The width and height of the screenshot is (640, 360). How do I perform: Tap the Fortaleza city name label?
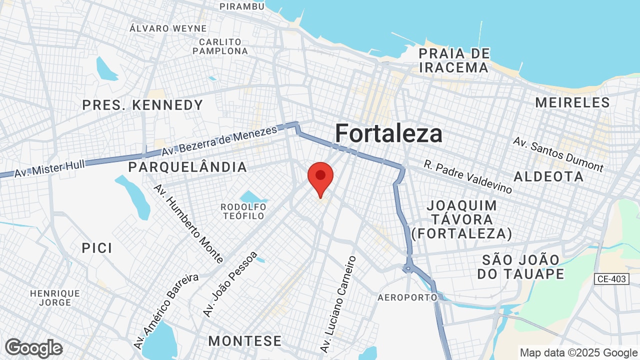pyautogui.click(x=388, y=134)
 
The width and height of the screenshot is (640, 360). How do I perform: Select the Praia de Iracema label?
pyautogui.click(x=454, y=60)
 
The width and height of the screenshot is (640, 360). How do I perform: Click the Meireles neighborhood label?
pyautogui.click(x=572, y=103)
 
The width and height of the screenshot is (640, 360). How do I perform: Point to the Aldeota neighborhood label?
pyautogui.click(x=548, y=176)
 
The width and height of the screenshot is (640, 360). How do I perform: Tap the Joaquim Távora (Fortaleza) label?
pyautogui.click(x=461, y=219)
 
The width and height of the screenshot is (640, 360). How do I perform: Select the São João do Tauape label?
pyautogui.click(x=520, y=267)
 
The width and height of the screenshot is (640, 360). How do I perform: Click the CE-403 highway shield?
pyautogui.click(x=611, y=279)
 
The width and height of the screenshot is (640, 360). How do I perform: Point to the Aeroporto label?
pyautogui.click(x=407, y=297)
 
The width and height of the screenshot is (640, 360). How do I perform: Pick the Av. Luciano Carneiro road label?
pyautogui.click(x=338, y=304)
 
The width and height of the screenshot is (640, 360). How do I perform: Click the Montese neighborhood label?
pyautogui.click(x=245, y=341)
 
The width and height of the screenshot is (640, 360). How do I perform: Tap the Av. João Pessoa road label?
pyautogui.click(x=230, y=283)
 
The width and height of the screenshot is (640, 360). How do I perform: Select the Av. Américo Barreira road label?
pyautogui.click(x=166, y=311)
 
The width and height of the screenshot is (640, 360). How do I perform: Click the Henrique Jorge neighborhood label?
pyautogui.click(x=55, y=298)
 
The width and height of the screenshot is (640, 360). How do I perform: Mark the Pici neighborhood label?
pyautogui.click(x=97, y=248)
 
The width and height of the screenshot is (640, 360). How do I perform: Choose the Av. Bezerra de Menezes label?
pyautogui.click(x=219, y=141)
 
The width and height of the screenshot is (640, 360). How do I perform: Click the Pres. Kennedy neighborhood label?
pyautogui.click(x=142, y=105)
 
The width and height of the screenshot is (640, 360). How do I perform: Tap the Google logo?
pyautogui.click(x=34, y=348)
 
